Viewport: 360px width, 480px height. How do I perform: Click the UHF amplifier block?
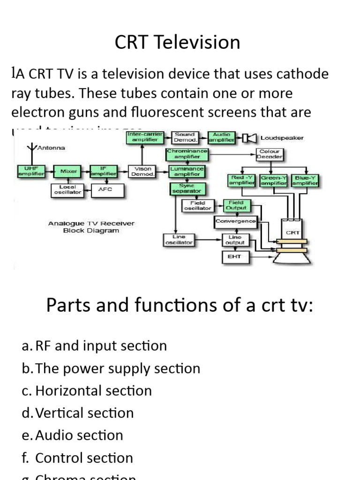tap(31, 171)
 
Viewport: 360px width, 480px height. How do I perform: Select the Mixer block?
tap(68, 172)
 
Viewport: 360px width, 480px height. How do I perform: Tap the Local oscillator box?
tap(67, 190)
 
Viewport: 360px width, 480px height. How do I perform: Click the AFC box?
tap(105, 190)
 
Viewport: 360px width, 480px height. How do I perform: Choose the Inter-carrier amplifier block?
tap(145, 137)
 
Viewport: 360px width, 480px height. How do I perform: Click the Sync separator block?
tap(186, 188)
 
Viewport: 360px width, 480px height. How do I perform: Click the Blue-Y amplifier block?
tap(305, 180)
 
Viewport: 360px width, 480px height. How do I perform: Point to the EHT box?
tap(235, 257)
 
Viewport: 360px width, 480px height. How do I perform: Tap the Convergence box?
tap(235, 221)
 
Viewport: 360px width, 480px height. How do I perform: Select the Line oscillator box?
tap(179, 240)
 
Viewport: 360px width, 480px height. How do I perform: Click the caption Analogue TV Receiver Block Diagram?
tap(91, 227)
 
